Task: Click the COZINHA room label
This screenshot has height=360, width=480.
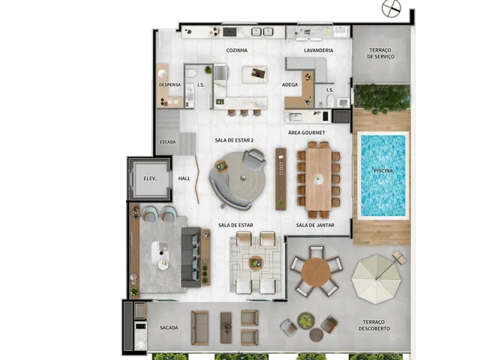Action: click(237, 50)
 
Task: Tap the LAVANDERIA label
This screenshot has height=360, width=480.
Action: click(319, 50)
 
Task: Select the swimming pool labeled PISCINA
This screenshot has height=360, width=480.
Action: click(383, 175)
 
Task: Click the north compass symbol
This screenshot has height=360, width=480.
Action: click(391, 8)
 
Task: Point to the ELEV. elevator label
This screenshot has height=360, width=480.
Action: click(150, 178)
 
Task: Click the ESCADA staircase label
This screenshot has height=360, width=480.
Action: click(168, 142)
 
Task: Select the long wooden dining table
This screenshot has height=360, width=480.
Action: click(319, 179)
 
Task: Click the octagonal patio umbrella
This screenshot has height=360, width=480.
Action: click(376, 279)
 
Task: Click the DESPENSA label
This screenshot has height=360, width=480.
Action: click(169, 85)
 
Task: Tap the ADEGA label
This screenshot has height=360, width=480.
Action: click(290, 85)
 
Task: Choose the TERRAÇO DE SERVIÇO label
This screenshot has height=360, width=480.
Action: click(380, 53)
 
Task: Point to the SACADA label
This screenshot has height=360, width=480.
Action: click(169, 328)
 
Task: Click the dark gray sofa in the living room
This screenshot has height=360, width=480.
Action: click(191, 257)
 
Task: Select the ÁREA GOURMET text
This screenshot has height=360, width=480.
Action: click(307, 133)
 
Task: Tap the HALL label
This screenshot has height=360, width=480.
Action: click(184, 178)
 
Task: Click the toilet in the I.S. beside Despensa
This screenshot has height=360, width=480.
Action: click(192, 73)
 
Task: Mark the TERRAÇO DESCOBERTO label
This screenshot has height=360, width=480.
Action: click(374, 325)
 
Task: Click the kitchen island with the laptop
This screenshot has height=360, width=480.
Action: click(255, 74)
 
